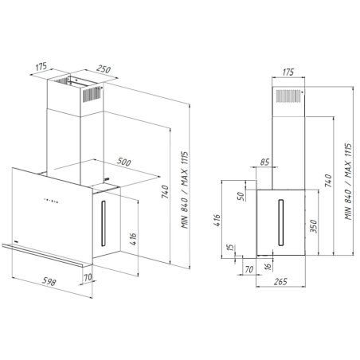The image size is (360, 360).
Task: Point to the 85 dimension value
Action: coord(264,163)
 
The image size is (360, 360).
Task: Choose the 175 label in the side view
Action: coord(288,72)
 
